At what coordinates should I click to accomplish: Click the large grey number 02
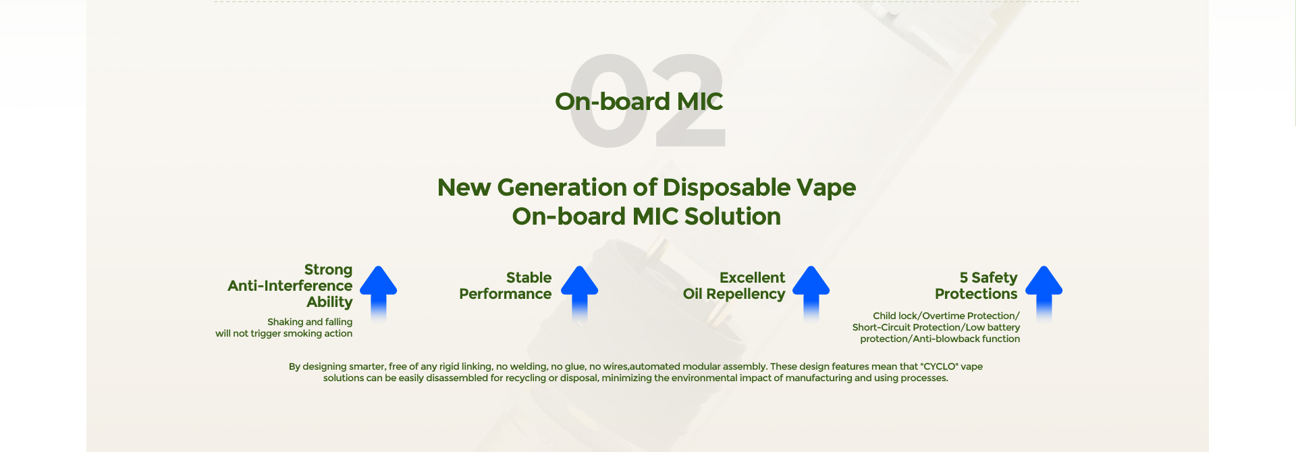coord(647,101)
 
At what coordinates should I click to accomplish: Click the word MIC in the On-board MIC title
coord(700,101)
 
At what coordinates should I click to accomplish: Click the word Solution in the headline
coord(732,217)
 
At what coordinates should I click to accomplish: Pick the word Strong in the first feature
coord(328,270)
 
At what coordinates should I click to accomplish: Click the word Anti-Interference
coord(290,286)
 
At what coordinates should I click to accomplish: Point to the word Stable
coord(529,278)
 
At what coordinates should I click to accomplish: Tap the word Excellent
coord(752,278)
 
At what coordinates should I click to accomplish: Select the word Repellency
coord(745,294)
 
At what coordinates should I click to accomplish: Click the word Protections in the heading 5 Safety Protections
coord(976,294)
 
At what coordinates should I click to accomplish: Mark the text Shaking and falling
coord(310,322)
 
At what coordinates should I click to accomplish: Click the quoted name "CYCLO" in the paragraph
coord(939,366)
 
